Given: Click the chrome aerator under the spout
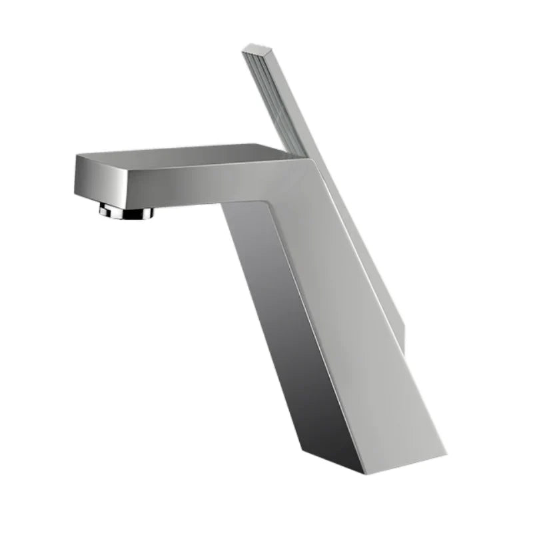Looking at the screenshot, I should click(127, 212).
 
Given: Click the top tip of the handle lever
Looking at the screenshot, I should click(254, 48).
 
